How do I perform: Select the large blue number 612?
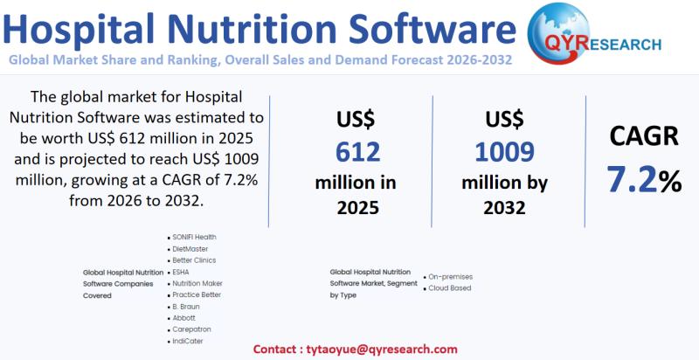click(x=357, y=152)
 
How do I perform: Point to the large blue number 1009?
click(x=504, y=152)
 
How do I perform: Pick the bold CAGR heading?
click(x=644, y=136)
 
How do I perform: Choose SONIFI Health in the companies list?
click(x=194, y=237)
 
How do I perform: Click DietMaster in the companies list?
click(x=190, y=248)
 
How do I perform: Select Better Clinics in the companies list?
click(x=194, y=260)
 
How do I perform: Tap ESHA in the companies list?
click(x=181, y=272)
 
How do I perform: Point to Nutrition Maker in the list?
click(x=197, y=283)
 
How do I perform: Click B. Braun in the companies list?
click(x=186, y=306)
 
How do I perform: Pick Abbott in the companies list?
click(x=184, y=318)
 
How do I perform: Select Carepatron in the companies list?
click(x=191, y=329)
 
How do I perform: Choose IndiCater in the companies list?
click(x=188, y=341)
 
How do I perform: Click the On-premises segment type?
click(x=450, y=277)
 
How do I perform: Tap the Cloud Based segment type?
click(x=450, y=287)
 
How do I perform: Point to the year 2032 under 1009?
click(x=504, y=208)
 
